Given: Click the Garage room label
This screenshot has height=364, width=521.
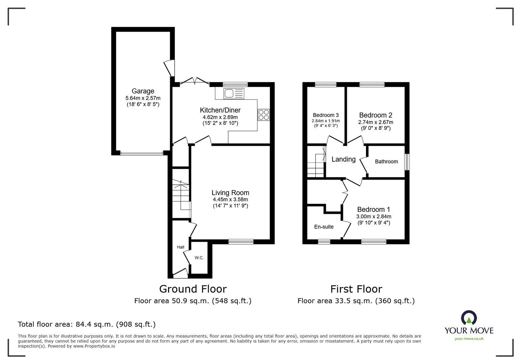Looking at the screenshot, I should tap(143, 91).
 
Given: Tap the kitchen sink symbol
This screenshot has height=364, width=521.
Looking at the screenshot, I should tap(233, 94).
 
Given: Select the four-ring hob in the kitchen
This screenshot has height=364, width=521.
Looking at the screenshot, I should tap(264, 115).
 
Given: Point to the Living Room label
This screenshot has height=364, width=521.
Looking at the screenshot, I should tap(230, 193).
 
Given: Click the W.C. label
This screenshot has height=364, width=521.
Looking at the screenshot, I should tap(199, 258).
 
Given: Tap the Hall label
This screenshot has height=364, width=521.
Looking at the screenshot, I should tap(180, 247).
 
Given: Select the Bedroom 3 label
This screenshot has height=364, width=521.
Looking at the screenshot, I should tap(326, 115).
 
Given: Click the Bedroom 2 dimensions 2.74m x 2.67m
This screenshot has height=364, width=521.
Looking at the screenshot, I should tap(375, 122).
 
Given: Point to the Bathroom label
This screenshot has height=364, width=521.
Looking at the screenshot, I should tap(386, 161).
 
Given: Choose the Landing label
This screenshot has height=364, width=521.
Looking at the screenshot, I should tap(344, 159).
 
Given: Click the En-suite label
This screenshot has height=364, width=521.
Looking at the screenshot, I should tap(324, 227).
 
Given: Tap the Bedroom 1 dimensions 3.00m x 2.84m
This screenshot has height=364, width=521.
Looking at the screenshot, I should tap(373, 216).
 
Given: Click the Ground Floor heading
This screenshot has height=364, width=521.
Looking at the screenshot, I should tap(193, 289).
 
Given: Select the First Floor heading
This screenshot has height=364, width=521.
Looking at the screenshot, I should tap(356, 289).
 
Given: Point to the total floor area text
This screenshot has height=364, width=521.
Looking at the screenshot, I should tap(87, 324).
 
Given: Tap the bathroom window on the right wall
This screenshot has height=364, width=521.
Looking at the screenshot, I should tap(407, 162).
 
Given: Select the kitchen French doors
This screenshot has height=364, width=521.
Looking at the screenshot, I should tap(194, 81).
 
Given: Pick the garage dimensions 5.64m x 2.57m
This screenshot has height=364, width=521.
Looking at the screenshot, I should tap(143, 98).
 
